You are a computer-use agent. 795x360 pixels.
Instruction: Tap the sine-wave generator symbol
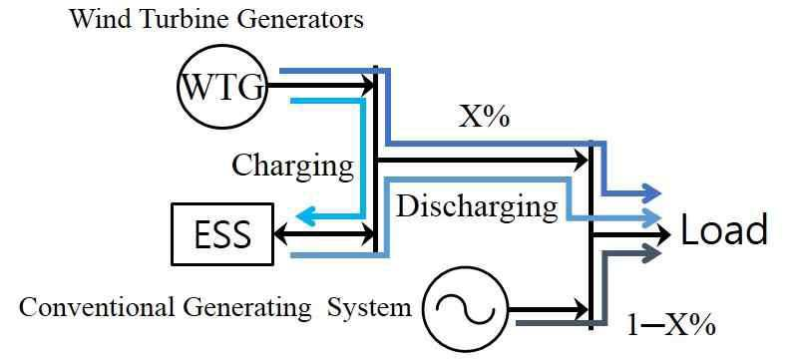465,309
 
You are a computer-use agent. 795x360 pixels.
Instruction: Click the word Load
723,230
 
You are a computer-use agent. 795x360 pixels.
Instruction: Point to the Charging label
292,166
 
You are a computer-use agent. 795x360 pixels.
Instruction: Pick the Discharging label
477,207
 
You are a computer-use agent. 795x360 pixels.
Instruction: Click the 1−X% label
670,326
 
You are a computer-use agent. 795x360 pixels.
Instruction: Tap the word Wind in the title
97,19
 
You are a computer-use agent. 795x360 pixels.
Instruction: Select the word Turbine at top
171,19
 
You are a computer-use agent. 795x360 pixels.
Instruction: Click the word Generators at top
290,19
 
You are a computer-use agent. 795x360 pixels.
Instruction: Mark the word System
369,307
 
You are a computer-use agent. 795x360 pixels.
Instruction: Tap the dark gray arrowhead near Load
650,252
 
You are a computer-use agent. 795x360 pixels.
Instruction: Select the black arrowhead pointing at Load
660,234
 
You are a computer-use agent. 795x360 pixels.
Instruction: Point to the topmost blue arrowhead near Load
650,193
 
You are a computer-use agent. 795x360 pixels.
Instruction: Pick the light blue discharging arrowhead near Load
650,218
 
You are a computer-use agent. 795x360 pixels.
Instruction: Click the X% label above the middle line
484,118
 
